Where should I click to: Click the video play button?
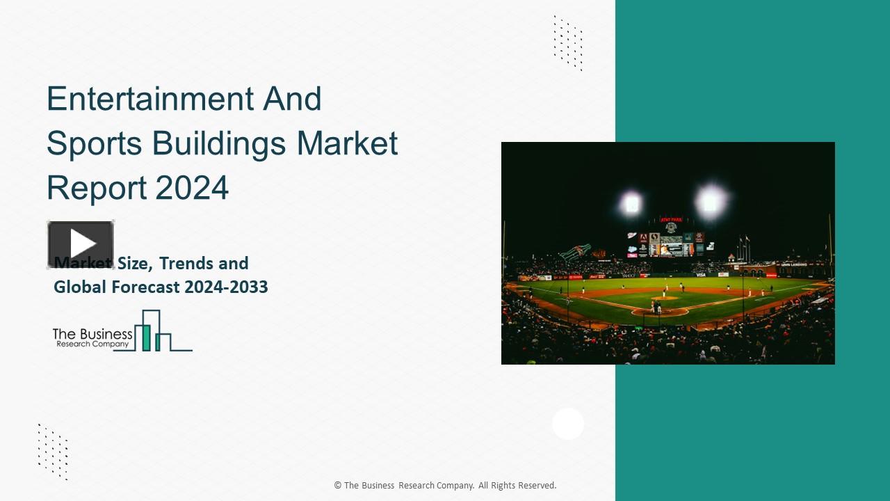(x=81, y=244)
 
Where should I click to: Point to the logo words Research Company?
(x=92, y=344)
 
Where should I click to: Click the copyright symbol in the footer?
(x=338, y=486)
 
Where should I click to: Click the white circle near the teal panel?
(x=568, y=424)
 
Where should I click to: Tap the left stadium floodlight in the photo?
(x=631, y=203)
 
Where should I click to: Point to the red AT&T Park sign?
(x=671, y=219)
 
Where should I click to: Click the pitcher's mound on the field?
(x=664, y=298)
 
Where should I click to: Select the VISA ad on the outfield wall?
(x=700, y=275)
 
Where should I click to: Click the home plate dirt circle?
(x=659, y=312)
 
